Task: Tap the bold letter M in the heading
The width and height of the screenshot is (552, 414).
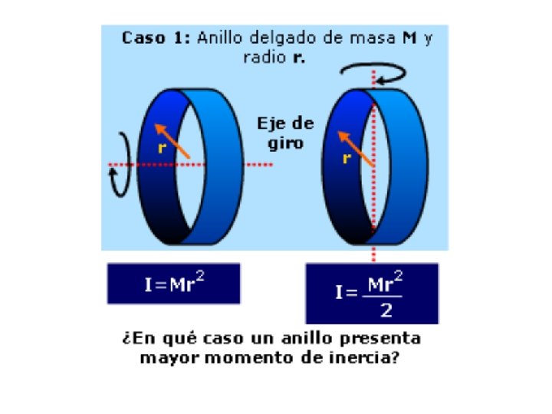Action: [409, 38]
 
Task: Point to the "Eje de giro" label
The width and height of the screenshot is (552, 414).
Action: [281, 132]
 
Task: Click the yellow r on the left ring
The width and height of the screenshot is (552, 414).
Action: [162, 149]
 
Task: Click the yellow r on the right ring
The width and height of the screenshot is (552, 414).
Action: [347, 159]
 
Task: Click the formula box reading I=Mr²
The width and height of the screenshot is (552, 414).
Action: [173, 283]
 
